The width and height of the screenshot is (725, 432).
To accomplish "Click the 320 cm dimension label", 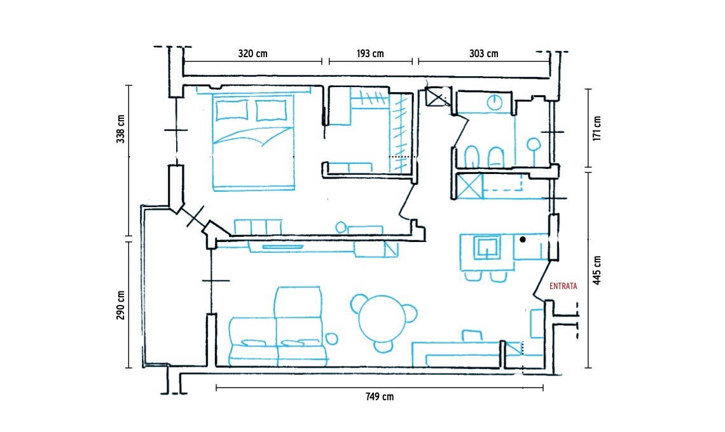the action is coord(252,53).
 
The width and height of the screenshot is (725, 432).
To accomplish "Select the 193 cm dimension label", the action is coord(370,53).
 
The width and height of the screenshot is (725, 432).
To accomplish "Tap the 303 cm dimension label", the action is coord(483,53).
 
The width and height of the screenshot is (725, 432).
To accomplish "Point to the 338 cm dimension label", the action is coord(121,129).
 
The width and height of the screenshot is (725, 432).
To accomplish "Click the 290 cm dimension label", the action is coord(121,305).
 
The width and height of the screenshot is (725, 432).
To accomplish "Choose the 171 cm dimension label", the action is coord(597,128).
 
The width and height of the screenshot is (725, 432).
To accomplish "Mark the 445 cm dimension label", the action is coord(597,270).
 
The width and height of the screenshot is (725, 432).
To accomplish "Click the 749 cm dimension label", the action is coord(380,396).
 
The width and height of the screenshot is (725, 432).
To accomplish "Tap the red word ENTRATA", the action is coord(563,287).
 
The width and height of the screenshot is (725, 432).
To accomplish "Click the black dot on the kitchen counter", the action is coord(523,240).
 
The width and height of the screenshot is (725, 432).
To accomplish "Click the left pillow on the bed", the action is coord(231,110).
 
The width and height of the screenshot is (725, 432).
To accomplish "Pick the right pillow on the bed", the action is coord(271,110).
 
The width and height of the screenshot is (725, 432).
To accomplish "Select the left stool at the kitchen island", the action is coord(473,276).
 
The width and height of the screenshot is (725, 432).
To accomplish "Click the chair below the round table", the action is coord(383,346).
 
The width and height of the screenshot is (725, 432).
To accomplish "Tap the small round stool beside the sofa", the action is coord(331,339).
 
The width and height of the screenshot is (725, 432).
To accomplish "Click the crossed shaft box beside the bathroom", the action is coord(437,97).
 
